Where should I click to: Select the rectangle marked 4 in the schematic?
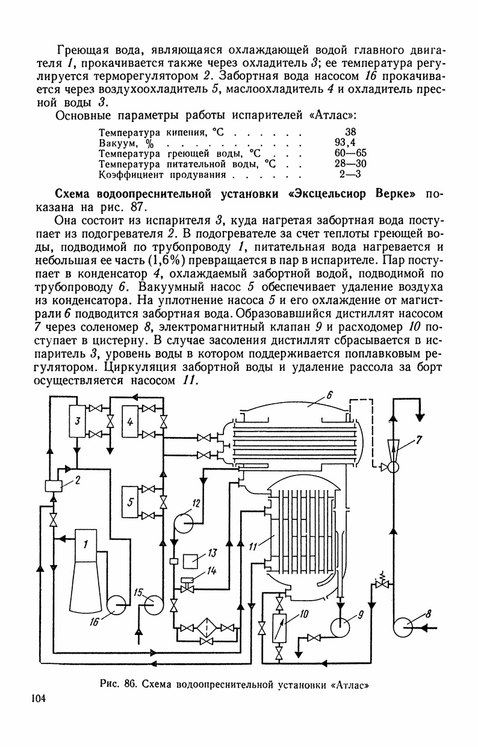(129, 423)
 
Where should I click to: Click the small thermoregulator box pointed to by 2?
(54, 485)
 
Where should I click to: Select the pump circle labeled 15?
(155, 603)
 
